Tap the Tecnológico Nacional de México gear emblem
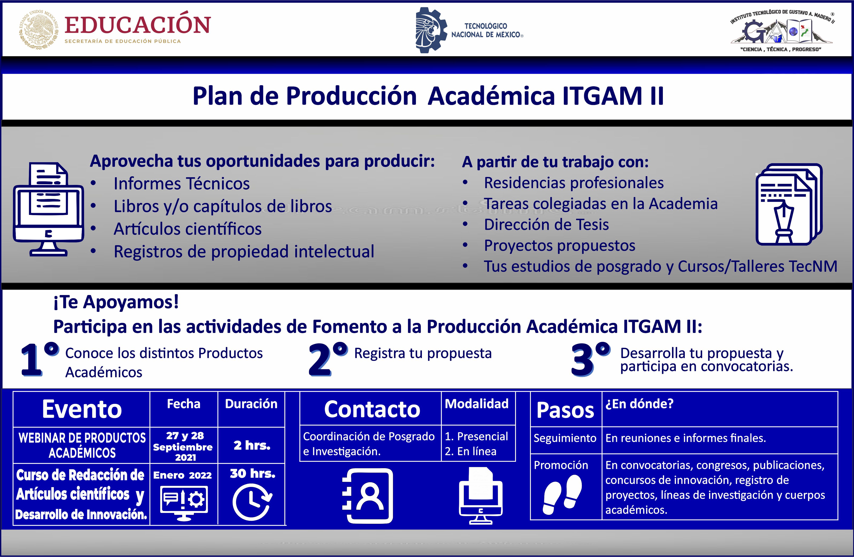(431, 30)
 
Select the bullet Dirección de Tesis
(546, 225)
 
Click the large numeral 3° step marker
(590, 359)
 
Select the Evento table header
(82, 409)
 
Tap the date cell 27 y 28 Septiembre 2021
(184, 446)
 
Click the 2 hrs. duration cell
(252, 445)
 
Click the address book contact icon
(368, 496)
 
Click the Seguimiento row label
(565, 438)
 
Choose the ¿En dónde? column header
(639, 404)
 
